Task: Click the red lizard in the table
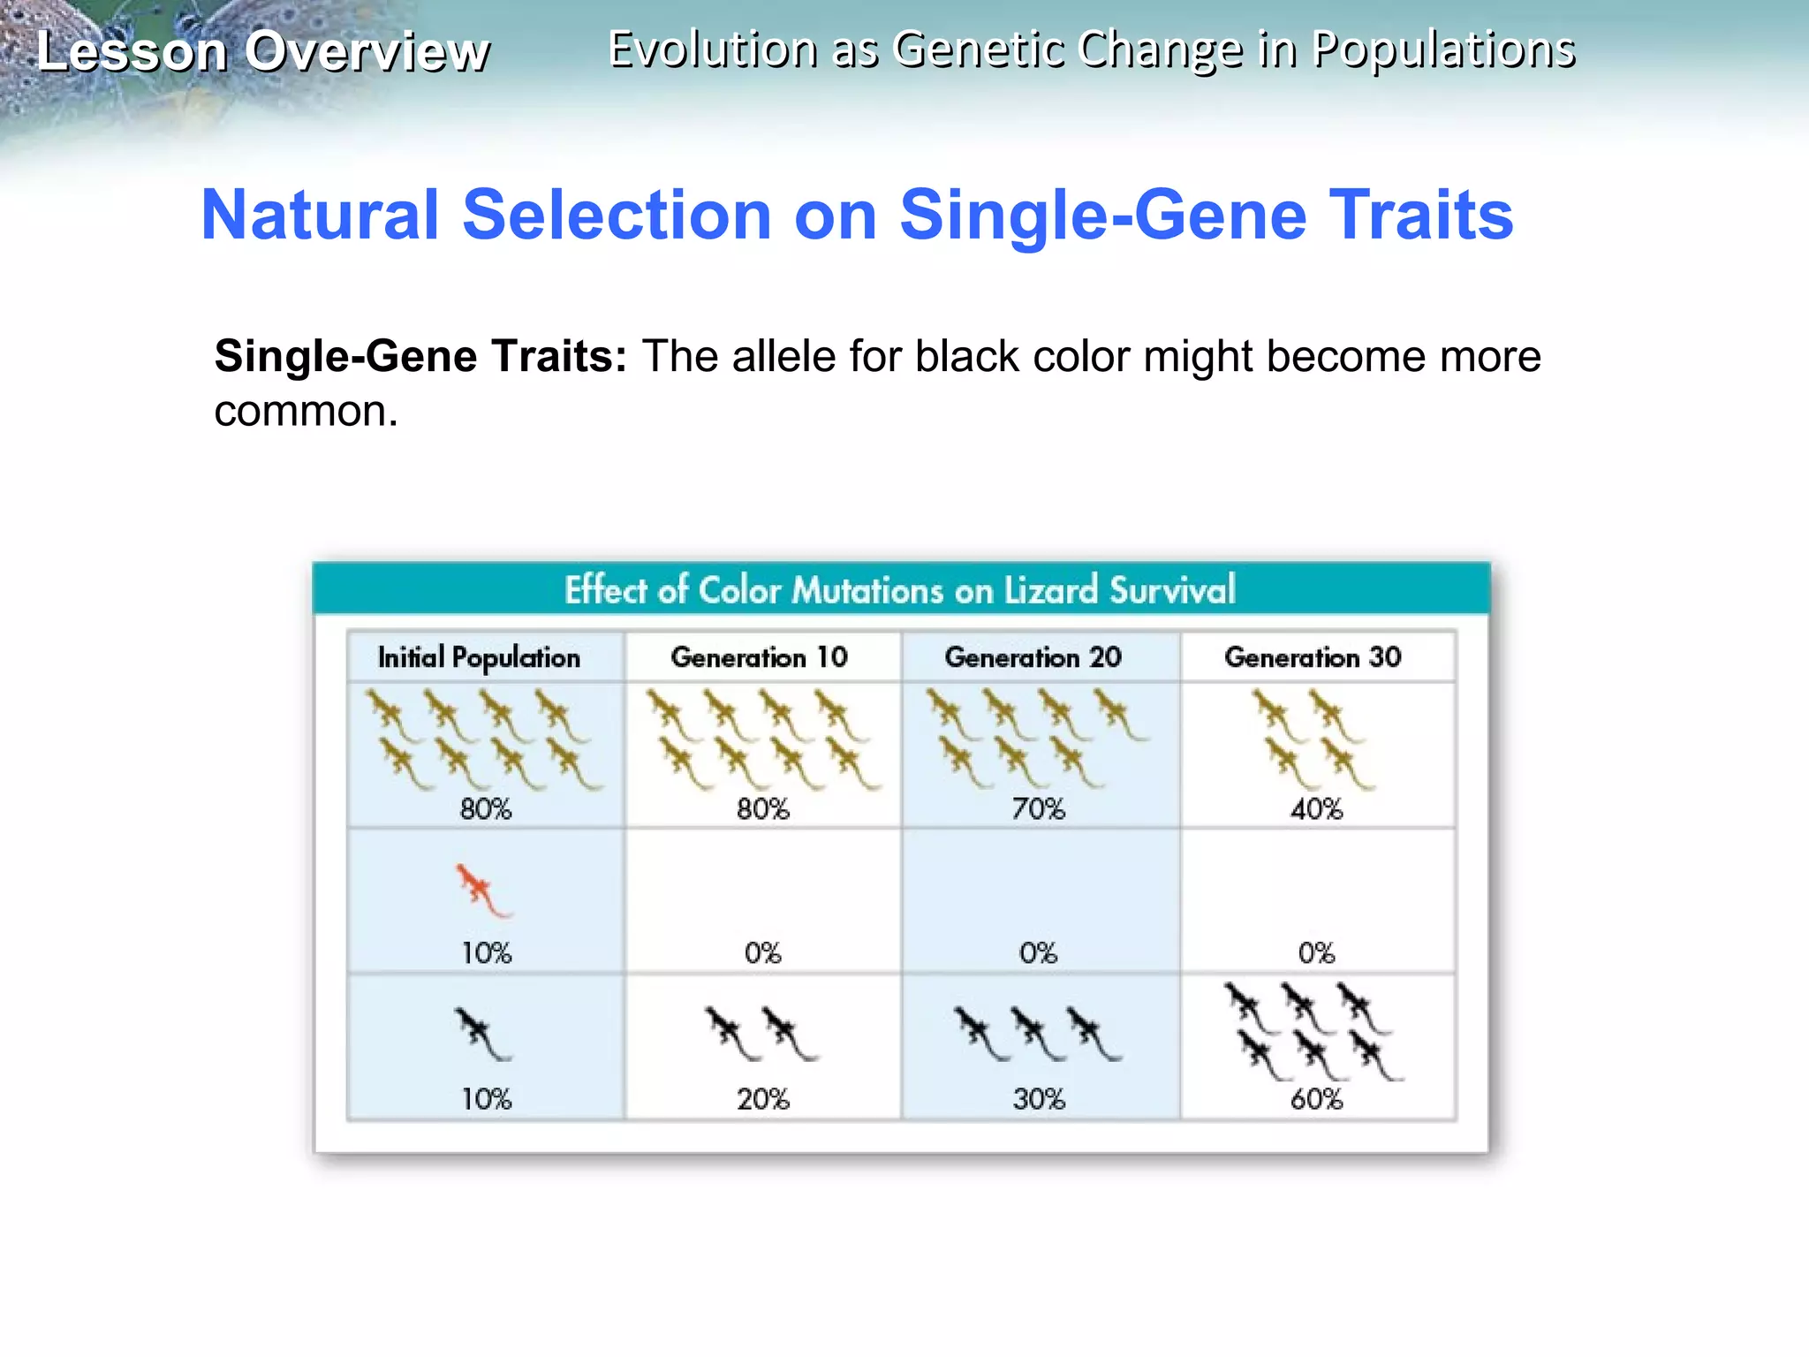[x=481, y=889]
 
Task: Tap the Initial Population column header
[x=479, y=657]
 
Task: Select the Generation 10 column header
[x=759, y=657]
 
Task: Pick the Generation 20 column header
[x=1033, y=657]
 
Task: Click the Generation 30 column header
[x=1313, y=657]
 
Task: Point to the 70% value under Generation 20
[x=1039, y=808]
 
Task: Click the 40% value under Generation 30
[x=1316, y=808]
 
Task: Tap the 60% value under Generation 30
[x=1316, y=1099]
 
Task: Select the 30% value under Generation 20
[x=1039, y=1099]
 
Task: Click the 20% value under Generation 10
[x=763, y=1099]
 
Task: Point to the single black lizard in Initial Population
[x=481, y=1033]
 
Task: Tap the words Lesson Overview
[x=262, y=51]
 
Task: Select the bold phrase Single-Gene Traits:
[x=420, y=356]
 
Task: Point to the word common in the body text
[x=305, y=411]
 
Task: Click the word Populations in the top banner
[x=1443, y=49]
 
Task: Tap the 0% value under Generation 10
[x=762, y=952]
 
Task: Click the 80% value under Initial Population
[x=486, y=808]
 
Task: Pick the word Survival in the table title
[x=1172, y=590]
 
